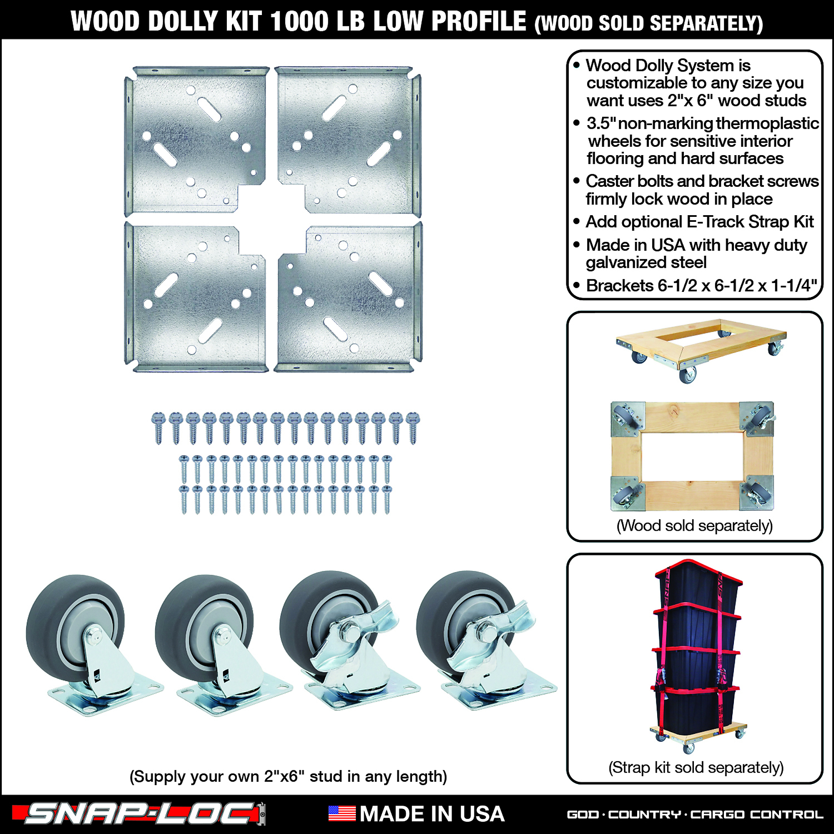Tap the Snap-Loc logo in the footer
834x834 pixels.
coord(139,814)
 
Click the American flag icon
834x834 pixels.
coord(342,814)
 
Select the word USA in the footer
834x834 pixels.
coord(482,814)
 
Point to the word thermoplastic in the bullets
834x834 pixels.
coord(767,124)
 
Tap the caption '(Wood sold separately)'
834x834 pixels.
coord(695,526)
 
